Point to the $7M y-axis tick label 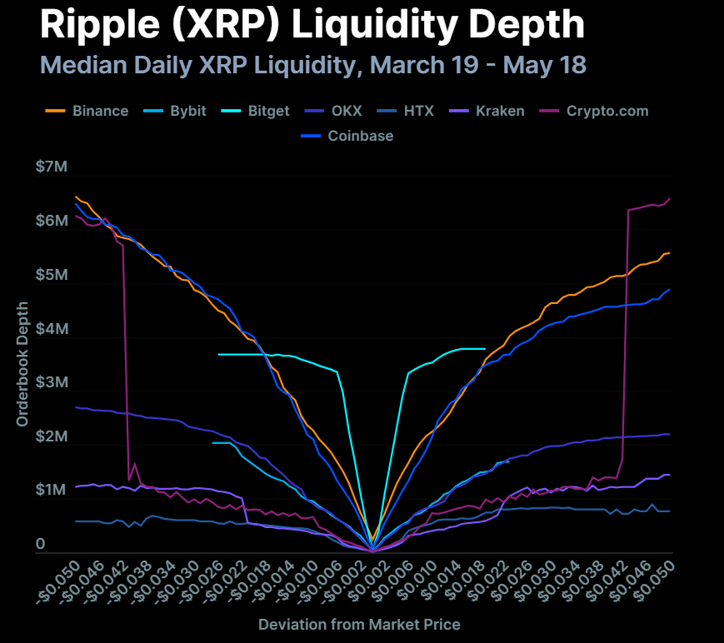point(51,167)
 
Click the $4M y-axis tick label point(51,329)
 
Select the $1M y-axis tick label point(51,491)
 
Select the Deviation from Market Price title point(359,624)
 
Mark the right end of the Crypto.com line point(672,198)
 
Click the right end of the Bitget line point(485,348)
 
